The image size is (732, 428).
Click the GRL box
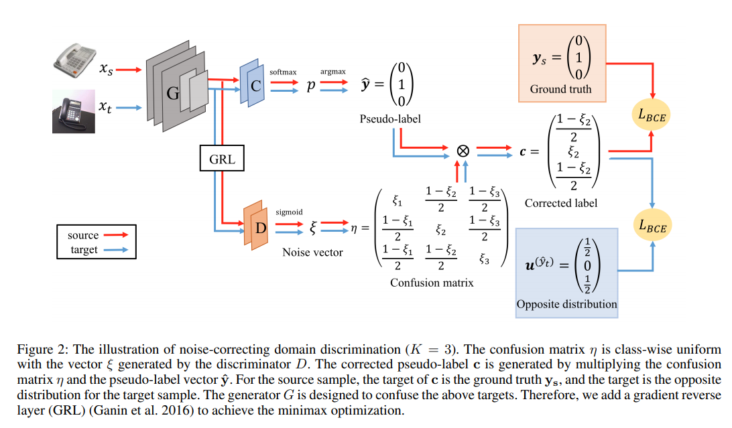click(x=221, y=160)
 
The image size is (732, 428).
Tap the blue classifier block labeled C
click(x=253, y=84)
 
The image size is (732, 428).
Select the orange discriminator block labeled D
click(x=258, y=227)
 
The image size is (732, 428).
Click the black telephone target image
click(x=73, y=111)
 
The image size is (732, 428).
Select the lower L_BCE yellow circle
click(x=651, y=226)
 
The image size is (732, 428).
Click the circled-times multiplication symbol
click(x=462, y=151)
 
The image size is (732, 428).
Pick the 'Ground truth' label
click(x=560, y=89)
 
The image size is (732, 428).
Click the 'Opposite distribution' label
click(x=566, y=304)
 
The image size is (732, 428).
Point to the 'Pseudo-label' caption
click(x=390, y=119)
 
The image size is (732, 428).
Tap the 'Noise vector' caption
click(x=313, y=253)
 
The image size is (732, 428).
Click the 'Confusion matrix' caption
click(x=432, y=283)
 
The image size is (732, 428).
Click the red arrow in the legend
click(x=117, y=235)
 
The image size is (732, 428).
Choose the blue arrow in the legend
click(x=117, y=249)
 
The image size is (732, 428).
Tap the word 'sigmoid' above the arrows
click(x=289, y=212)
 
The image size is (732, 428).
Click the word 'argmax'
click(x=332, y=70)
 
